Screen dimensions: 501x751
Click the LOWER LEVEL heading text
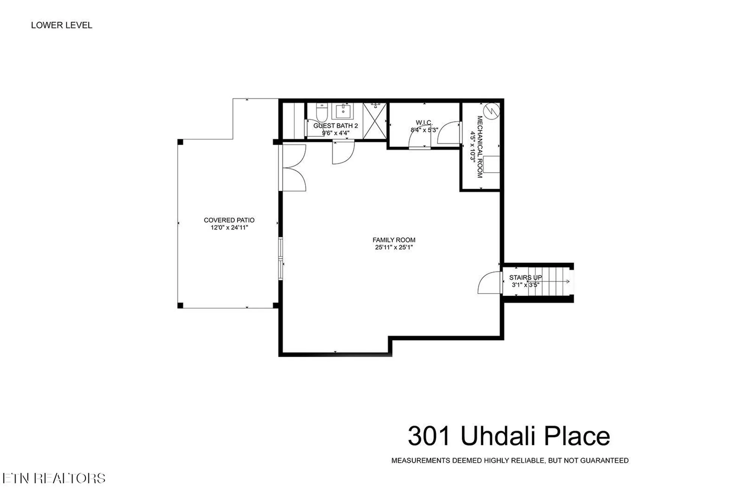click(62, 25)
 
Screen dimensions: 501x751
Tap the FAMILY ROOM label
click(394, 240)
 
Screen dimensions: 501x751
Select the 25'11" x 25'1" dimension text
click(394, 247)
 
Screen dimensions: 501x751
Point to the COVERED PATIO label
click(229, 220)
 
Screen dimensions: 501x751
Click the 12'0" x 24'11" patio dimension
click(229, 227)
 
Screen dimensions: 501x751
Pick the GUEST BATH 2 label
click(335, 126)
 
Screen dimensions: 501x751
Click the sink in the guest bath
click(343, 111)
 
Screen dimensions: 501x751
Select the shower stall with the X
click(374, 121)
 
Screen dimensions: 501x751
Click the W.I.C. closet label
click(424, 123)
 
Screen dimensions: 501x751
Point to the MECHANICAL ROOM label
click(480, 147)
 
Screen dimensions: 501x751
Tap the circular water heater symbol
click(492, 111)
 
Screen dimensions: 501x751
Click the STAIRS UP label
click(525, 277)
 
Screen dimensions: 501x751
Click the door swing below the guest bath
click(343, 152)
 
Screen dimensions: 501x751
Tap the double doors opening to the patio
click(294, 168)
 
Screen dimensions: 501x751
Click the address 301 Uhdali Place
click(509, 436)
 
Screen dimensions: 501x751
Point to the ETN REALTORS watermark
click(54, 478)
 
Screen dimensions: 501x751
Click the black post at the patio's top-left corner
click(180, 142)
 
